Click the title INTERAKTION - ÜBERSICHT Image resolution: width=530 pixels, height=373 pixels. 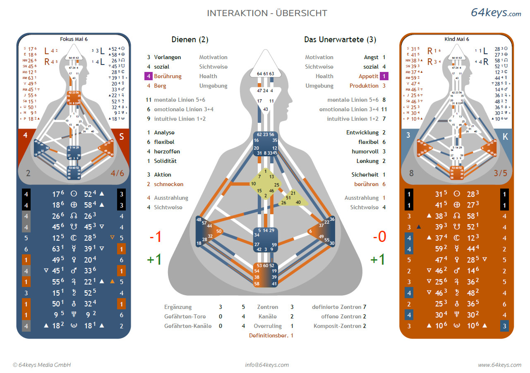[x=267, y=13]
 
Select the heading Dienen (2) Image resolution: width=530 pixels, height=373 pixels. [x=190, y=40]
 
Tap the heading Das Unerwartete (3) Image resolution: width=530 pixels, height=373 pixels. [x=340, y=40]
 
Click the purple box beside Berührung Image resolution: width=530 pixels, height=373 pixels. [x=148, y=76]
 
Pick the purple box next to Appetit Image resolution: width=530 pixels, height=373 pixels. [x=384, y=76]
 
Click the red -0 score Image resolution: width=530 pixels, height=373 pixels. [x=379, y=237]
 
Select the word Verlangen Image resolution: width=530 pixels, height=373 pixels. [x=167, y=57]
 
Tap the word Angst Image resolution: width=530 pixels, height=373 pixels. [x=371, y=57]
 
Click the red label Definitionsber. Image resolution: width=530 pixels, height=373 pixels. [x=269, y=335]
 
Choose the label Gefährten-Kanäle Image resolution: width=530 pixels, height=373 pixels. [x=188, y=326]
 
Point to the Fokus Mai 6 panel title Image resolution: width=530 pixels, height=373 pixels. [x=74, y=39]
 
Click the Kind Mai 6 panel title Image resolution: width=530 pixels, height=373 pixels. [x=457, y=39]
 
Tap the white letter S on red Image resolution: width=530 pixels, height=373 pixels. [x=122, y=137]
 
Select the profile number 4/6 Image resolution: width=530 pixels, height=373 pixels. [x=118, y=173]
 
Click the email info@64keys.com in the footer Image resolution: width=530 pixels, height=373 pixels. [x=267, y=365]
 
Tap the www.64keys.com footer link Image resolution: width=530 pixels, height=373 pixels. [x=499, y=365]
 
